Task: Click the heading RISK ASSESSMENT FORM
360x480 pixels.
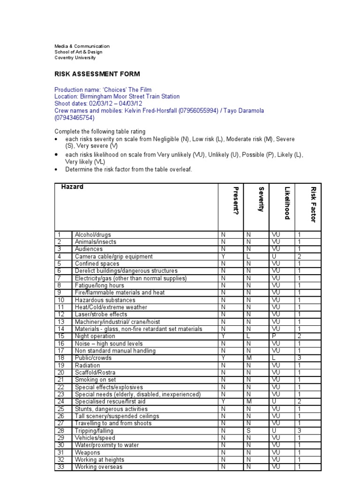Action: (x=97, y=74)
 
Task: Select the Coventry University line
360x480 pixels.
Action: (x=75, y=58)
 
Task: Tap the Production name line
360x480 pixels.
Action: (x=103, y=90)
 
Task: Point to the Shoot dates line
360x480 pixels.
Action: (x=98, y=104)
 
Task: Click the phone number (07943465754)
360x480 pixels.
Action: (x=75, y=118)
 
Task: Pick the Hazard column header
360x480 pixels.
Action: (x=72, y=187)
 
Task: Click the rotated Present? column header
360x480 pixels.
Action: (x=236, y=201)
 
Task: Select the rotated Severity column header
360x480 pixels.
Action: (x=261, y=199)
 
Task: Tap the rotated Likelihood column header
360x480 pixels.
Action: (x=287, y=203)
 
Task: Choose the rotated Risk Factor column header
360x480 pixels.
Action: (x=313, y=204)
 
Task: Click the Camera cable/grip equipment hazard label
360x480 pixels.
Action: (x=113, y=256)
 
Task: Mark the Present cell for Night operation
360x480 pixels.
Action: (x=224, y=336)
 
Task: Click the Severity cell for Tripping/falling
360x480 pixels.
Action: (x=248, y=430)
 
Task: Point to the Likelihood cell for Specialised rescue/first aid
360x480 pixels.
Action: (x=274, y=401)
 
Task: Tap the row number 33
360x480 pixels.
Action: (x=60, y=467)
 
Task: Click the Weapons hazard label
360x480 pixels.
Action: (x=87, y=452)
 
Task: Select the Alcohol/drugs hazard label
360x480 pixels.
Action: (x=93, y=235)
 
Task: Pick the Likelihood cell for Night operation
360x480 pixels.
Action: (x=274, y=336)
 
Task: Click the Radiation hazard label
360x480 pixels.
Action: (x=87, y=365)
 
